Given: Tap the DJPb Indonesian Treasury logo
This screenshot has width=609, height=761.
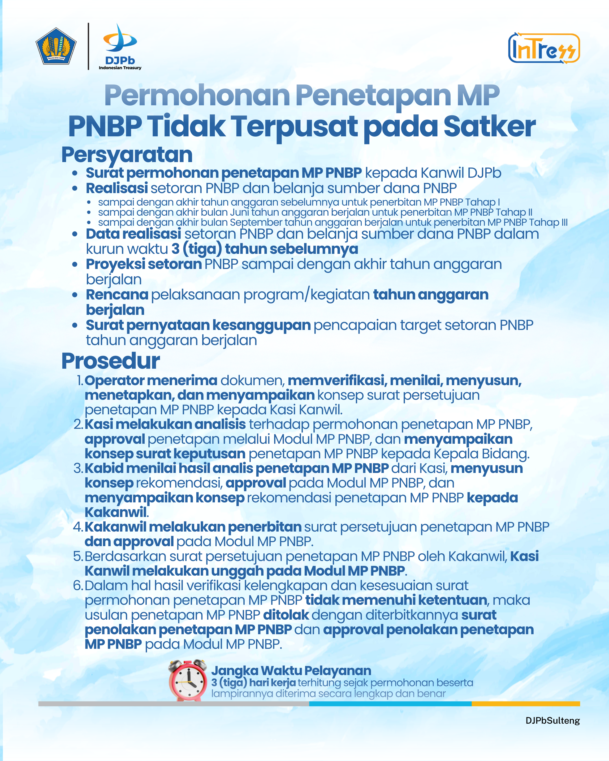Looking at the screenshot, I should (120, 47).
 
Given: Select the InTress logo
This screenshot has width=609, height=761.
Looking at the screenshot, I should (544, 48).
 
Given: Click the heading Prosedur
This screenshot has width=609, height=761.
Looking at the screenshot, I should (110, 361).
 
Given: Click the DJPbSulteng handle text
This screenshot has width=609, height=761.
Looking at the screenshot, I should (552, 720).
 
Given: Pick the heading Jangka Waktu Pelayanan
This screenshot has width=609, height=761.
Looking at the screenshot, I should (291, 670).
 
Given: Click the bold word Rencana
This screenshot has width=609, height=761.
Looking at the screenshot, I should (117, 294).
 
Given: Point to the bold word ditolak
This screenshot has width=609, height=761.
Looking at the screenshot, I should (286, 615).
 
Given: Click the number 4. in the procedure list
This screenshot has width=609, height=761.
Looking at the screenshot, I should (78, 527).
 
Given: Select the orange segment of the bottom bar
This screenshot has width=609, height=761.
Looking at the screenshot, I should (525, 703).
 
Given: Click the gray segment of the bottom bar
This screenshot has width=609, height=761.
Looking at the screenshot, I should (173, 703).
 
